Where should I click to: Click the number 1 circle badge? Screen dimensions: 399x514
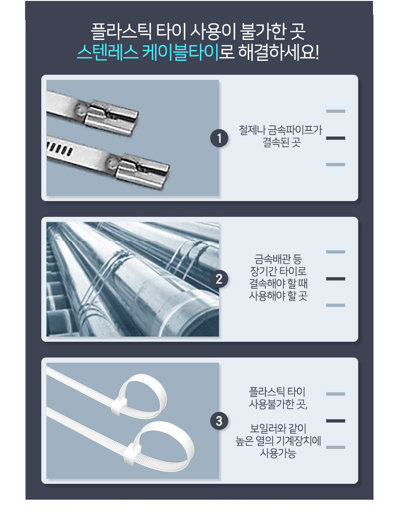point(219,138)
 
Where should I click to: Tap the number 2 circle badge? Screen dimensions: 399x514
point(219,279)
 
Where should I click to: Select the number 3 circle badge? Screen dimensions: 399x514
point(219,421)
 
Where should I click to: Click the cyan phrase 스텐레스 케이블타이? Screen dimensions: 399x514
point(148,52)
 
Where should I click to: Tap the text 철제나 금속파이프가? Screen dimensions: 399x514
point(280,130)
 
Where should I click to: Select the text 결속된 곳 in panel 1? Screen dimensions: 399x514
point(282,142)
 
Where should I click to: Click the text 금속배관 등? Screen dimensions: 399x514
point(278,259)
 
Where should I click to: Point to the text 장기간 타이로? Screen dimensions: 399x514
point(278,271)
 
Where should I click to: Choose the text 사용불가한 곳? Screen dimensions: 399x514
point(278,404)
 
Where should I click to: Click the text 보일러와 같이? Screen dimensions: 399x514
point(278,429)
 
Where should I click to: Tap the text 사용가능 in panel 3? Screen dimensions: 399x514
point(278,453)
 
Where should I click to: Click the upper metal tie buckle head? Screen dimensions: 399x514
point(111,117)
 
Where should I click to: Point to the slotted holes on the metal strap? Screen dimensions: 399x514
point(60,149)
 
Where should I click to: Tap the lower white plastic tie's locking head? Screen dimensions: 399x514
point(132,453)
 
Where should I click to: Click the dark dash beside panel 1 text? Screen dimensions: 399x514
point(335,138)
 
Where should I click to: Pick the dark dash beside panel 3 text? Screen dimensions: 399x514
point(335,421)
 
